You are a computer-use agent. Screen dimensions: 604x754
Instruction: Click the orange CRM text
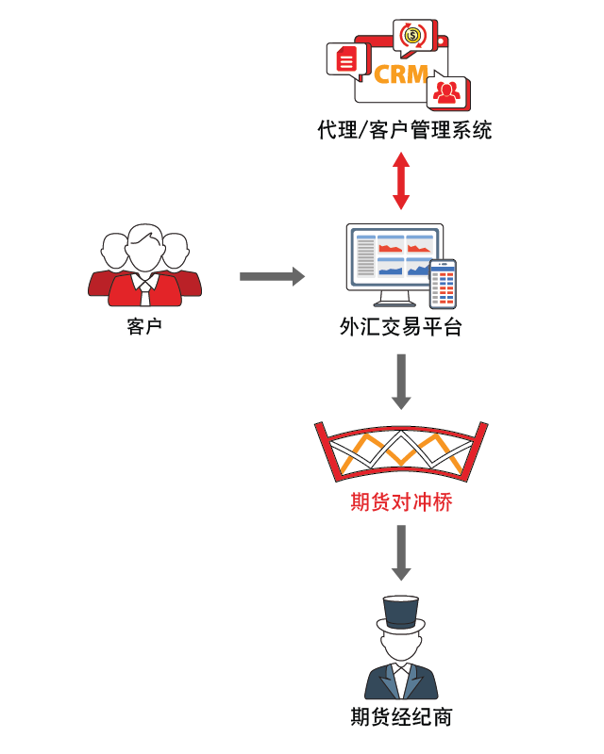[401, 74]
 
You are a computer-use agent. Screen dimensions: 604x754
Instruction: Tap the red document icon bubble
[348, 60]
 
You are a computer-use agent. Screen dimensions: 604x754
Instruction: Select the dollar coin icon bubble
[414, 37]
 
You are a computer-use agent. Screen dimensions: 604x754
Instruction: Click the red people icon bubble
[448, 91]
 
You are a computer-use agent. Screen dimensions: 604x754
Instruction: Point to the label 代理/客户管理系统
[405, 130]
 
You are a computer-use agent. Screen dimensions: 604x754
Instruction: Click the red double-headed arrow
[401, 181]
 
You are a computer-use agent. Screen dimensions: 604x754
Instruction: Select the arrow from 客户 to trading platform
[272, 276]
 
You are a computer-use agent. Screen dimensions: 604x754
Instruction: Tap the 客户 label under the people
[144, 326]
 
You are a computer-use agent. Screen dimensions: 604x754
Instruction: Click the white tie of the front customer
[145, 293]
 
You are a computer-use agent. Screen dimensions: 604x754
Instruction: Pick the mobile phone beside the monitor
[443, 285]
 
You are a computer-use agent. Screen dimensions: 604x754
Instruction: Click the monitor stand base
[394, 303]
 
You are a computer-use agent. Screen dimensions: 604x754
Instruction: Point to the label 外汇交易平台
[401, 327]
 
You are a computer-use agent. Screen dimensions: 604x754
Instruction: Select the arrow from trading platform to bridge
[401, 382]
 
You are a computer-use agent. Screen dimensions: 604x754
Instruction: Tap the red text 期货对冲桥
[401, 502]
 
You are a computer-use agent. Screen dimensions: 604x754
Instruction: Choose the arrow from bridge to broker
[401, 552]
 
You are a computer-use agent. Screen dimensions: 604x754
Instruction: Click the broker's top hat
[401, 615]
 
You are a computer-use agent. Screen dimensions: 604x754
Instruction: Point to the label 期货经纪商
[401, 717]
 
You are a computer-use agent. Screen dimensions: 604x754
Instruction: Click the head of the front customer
[145, 249]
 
